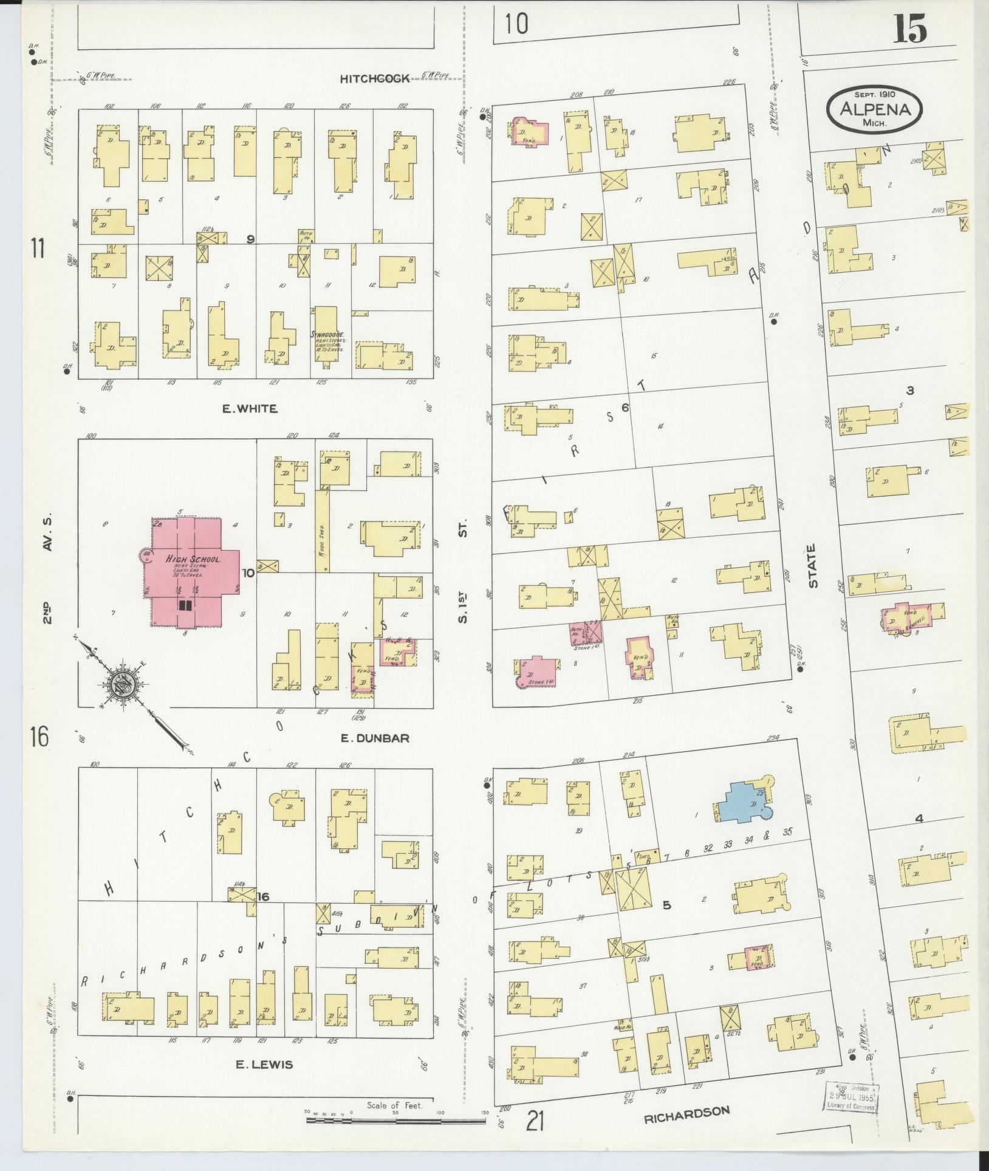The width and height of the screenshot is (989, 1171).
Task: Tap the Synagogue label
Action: (x=328, y=335)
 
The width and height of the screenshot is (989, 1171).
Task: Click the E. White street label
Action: (x=250, y=409)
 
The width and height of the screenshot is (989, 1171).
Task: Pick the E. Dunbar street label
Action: (x=374, y=738)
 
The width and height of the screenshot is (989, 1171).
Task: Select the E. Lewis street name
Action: (x=264, y=1064)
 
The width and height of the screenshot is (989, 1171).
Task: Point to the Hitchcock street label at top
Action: (x=375, y=78)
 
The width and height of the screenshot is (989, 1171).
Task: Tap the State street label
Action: (x=812, y=565)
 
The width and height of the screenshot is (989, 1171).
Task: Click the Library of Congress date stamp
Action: (x=850, y=1098)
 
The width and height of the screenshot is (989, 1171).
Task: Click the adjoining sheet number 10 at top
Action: (x=516, y=24)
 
